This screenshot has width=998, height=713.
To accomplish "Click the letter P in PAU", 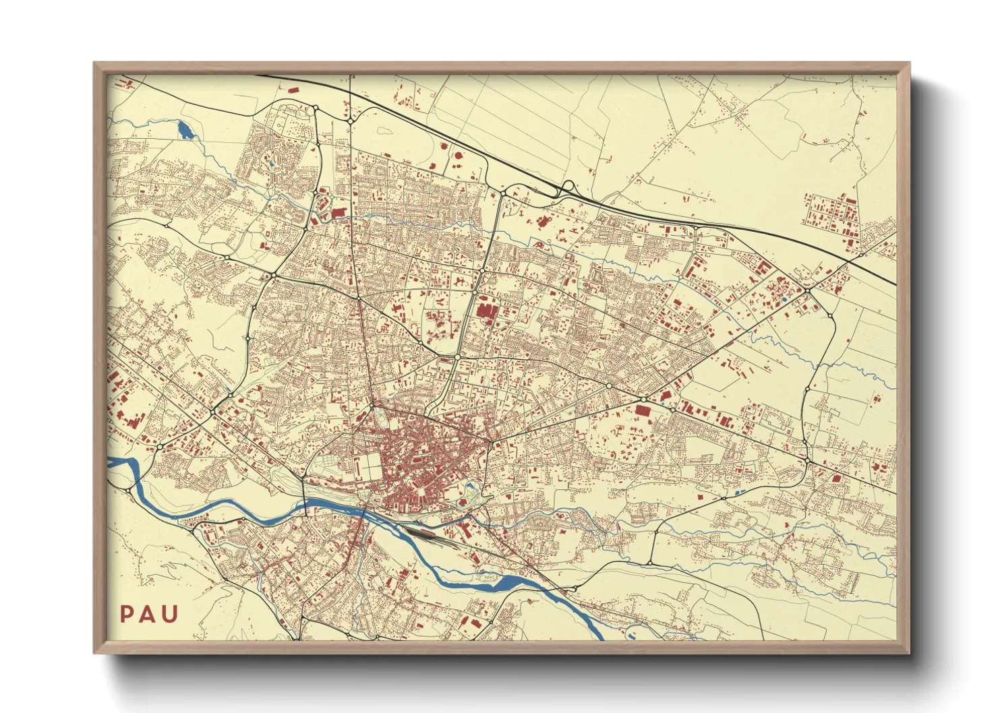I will tap(126, 614).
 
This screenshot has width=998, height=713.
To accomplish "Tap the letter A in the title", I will tap(148, 614).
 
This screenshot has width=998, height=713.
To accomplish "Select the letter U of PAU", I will tap(171, 614).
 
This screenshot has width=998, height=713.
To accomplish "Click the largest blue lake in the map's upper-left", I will tap(184, 129).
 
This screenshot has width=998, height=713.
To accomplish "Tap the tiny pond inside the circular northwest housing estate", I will tap(270, 162).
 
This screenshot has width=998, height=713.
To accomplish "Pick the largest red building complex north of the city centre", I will tap(486, 311).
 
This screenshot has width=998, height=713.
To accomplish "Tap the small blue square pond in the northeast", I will tap(784, 299).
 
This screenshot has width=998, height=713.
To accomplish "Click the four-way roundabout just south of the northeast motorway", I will tap(806, 290).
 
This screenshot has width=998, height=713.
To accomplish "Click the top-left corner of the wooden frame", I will tap(94, 63).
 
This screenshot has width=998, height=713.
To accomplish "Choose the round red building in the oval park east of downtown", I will tap(463, 501).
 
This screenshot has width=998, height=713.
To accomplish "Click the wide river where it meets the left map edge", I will tap(115, 463).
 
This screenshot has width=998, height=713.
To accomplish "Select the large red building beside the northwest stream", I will tap(337, 213).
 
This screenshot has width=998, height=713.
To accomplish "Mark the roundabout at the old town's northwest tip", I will tap(372, 406).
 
